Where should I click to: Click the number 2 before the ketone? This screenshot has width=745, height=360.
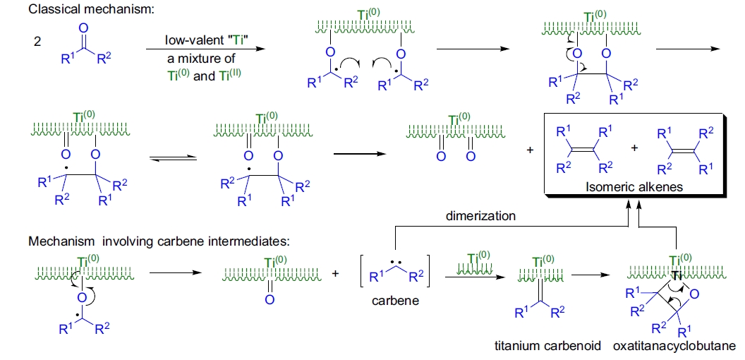[37, 43]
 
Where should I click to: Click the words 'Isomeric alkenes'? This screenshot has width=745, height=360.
[634, 186]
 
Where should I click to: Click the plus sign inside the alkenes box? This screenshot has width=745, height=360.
[634, 149]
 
